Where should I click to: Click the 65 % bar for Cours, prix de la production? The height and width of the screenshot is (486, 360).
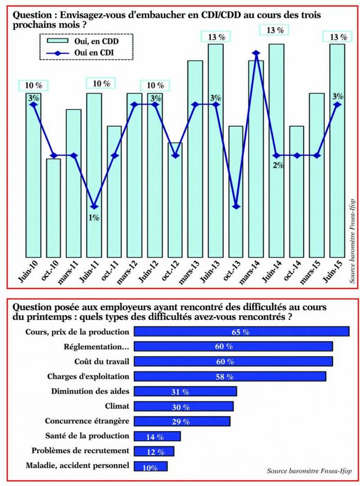point(241,332)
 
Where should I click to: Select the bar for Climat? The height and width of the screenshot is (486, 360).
point(183,406)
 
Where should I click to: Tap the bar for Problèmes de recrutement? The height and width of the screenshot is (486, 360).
point(153,451)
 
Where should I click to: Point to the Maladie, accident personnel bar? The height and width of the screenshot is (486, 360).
point(150,466)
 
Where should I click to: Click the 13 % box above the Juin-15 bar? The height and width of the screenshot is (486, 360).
point(337,37)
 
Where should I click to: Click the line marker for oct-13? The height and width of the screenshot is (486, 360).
point(236,206)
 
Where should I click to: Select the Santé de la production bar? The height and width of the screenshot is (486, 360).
point(157,436)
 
